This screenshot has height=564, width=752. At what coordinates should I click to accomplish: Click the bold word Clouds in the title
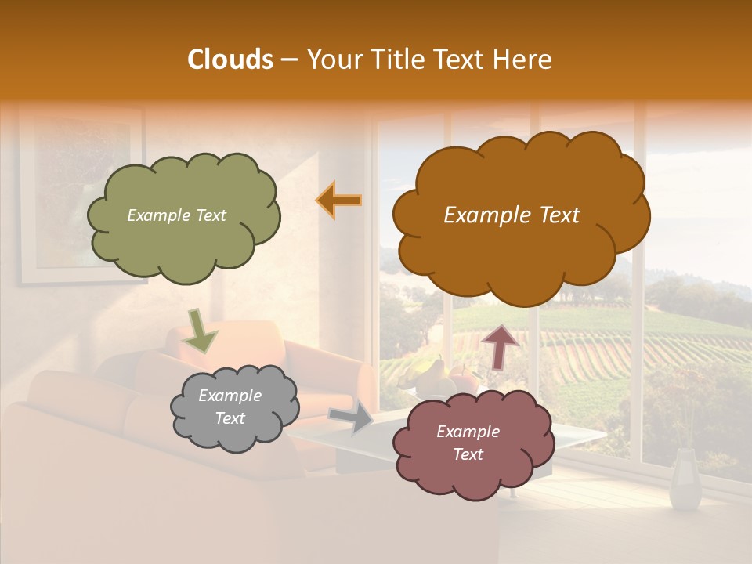(230, 60)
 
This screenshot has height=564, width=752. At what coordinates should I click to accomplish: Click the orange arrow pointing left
(339, 200)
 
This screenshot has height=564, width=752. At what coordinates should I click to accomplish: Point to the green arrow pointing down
(201, 330)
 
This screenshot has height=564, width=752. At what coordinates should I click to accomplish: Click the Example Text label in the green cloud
(176, 215)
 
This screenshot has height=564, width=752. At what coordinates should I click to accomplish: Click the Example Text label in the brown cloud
(512, 215)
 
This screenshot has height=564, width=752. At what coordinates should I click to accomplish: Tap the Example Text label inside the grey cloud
(230, 407)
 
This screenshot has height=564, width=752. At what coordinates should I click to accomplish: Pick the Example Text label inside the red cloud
(468, 443)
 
